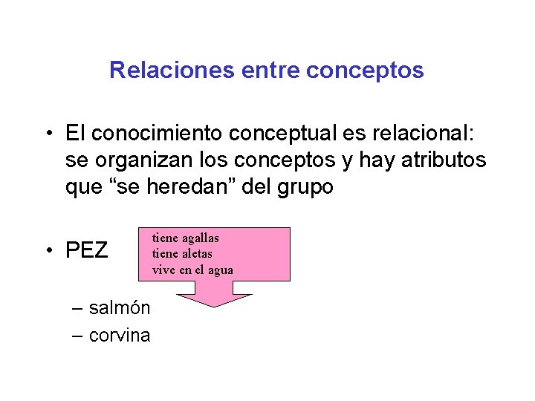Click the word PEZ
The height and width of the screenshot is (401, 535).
87,251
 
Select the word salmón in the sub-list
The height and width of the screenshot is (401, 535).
120,308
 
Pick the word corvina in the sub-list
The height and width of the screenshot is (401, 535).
120,336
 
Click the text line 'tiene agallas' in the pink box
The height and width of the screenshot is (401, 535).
185,238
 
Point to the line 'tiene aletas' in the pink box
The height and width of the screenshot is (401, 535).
182,254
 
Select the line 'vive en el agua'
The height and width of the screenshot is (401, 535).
192,270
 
